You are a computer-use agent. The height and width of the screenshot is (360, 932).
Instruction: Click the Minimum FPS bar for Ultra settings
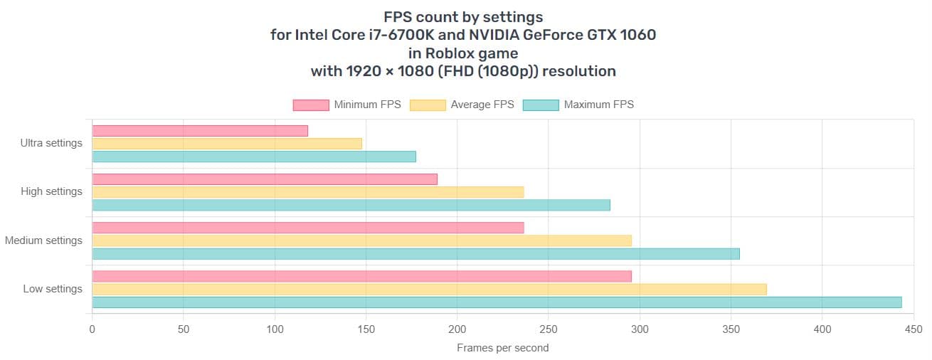pyautogui.click(x=200, y=131)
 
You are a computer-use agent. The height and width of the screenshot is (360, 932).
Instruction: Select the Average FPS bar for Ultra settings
pyautogui.click(x=227, y=144)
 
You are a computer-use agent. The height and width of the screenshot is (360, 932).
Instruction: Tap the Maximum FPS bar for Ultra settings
pyautogui.click(x=254, y=157)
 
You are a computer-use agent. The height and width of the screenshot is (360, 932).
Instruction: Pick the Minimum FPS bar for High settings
pyautogui.click(x=265, y=179)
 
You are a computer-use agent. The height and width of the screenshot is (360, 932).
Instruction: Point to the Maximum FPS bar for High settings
pyautogui.click(x=351, y=205)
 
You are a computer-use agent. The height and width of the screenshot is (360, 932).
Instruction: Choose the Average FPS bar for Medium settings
pyautogui.click(x=362, y=240)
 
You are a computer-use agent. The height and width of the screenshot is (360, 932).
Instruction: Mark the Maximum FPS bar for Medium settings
pyautogui.click(x=416, y=253)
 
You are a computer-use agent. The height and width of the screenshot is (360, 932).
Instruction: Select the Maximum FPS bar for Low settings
pyautogui.click(x=497, y=302)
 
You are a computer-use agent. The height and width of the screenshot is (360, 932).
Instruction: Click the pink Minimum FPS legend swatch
pyautogui.click(x=311, y=105)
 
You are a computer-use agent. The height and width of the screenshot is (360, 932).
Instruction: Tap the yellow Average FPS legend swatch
pyautogui.click(x=427, y=105)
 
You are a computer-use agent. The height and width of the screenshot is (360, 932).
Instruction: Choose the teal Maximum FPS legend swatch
pyautogui.click(x=541, y=105)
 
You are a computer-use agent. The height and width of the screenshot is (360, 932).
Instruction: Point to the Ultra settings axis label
pyautogui.click(x=51, y=143)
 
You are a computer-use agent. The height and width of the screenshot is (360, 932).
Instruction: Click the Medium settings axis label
pyautogui.click(x=43, y=240)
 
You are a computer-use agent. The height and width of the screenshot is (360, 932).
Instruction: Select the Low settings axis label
pyautogui.click(x=53, y=289)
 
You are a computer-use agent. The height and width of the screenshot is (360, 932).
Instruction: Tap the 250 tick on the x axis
pyautogui.click(x=549, y=329)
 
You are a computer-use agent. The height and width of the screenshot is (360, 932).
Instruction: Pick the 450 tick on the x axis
pyautogui.click(x=914, y=329)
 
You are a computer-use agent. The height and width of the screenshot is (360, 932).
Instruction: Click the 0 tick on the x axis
pyautogui.click(x=92, y=329)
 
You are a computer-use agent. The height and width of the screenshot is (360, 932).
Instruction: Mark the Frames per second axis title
pyautogui.click(x=502, y=348)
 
